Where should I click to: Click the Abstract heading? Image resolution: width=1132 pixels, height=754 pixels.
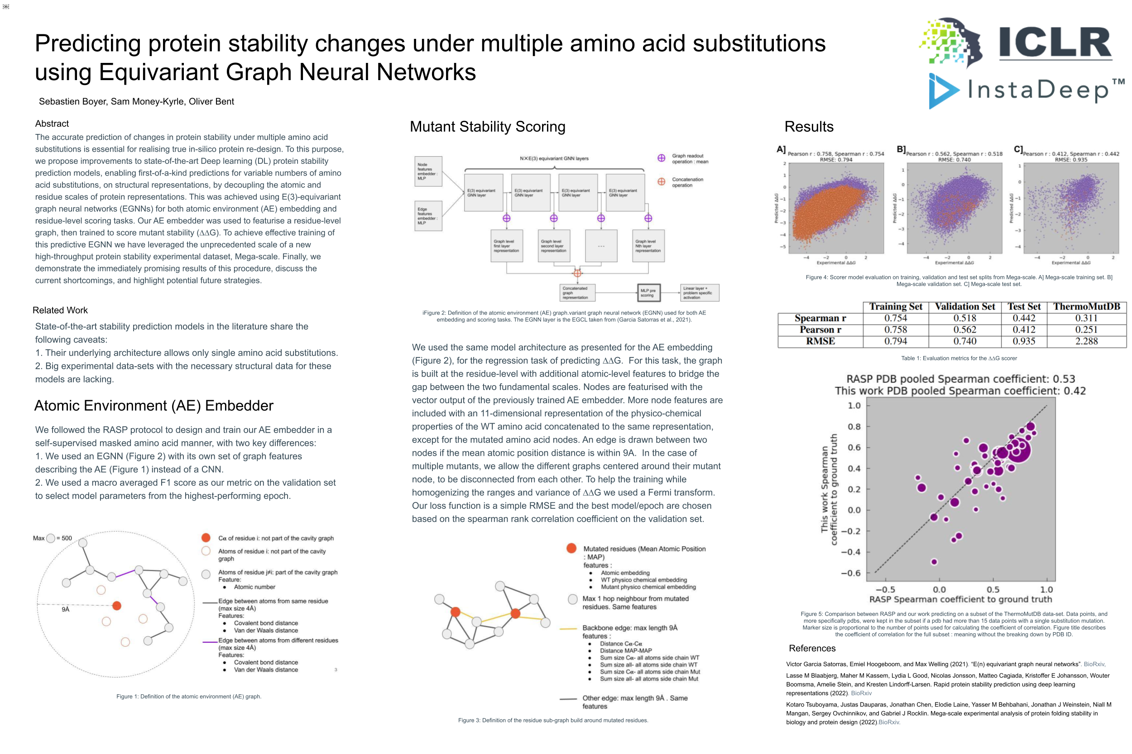[x=52, y=124]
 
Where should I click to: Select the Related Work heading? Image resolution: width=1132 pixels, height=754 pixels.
[x=60, y=310]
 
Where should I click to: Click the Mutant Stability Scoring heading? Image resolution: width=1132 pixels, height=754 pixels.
[x=487, y=126]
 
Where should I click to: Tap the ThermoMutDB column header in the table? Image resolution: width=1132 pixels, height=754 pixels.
[x=1086, y=307]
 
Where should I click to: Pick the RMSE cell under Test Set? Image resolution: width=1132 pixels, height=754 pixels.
[x=1023, y=341]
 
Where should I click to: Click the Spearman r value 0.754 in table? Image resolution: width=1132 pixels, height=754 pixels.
[x=895, y=318]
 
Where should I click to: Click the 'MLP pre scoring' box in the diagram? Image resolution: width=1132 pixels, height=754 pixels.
[x=648, y=292]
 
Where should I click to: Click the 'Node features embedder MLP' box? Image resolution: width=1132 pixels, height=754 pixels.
[x=428, y=171]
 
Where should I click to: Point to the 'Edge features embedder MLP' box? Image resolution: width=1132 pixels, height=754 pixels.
[x=428, y=216]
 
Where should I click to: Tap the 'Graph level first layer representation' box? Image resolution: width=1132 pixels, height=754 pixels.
[x=506, y=246]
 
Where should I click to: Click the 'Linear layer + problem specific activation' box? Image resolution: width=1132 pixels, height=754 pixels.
[x=699, y=292]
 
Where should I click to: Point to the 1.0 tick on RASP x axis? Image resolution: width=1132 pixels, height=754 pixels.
[x=1046, y=590]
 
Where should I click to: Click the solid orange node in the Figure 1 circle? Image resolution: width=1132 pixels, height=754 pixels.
[x=116, y=606]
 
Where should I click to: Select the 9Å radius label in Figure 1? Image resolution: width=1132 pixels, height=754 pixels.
[x=65, y=609]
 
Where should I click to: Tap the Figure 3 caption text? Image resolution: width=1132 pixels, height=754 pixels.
[x=553, y=721]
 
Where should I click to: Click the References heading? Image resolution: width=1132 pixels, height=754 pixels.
[x=811, y=648]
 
